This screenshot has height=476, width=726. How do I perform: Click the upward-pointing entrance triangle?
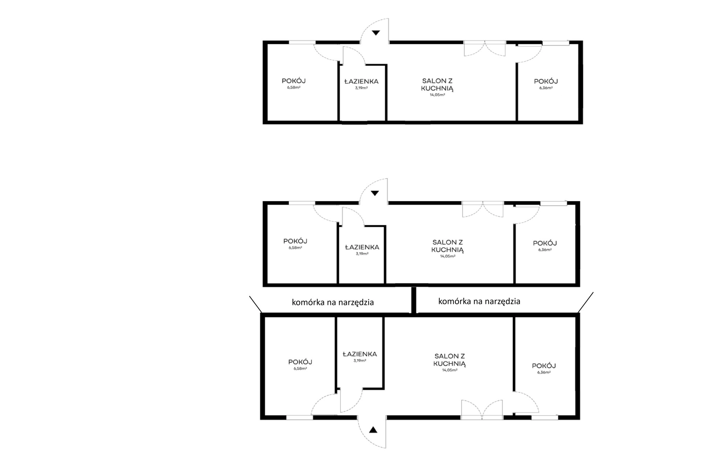pos(373,430)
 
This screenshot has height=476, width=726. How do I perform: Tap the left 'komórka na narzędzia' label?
pos(333,302)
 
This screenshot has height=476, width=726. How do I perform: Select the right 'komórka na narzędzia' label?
pos(479,301)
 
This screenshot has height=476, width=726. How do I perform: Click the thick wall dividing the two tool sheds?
pos(413,300)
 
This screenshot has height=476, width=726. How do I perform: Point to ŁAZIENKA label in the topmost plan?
pos(362,82)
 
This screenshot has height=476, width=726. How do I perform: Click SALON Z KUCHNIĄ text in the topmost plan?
pos(437,85)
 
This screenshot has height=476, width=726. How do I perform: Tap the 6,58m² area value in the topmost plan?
pos(294,88)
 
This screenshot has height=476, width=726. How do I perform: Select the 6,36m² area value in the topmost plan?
pos(546,88)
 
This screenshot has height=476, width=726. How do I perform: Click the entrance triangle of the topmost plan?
pos(376,33)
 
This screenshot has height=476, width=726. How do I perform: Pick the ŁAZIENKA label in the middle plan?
pos(362,247)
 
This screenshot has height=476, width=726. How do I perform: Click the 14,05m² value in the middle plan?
pos(448,256)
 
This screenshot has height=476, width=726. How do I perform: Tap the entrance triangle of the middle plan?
pos(375,193)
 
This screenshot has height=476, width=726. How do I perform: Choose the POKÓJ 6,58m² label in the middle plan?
pos(295,244)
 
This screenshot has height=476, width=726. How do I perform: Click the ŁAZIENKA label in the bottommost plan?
pos(360,354)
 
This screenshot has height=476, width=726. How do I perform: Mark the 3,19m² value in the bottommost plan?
pos(360,361)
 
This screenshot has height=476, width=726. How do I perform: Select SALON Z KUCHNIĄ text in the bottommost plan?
pos(449,360)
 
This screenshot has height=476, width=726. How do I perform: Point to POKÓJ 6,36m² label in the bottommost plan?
pos(544,369)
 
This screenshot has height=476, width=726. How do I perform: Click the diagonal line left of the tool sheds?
pos(255,304)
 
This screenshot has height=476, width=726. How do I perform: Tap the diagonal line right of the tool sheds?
pos(586,302)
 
